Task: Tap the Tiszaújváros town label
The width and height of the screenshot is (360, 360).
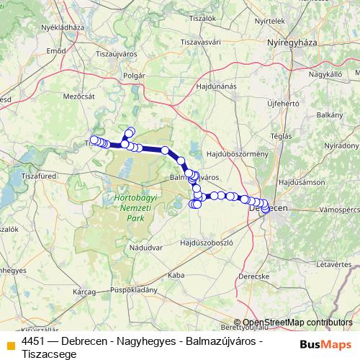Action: click(116, 53)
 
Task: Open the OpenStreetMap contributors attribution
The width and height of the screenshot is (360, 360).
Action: click(297, 323)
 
